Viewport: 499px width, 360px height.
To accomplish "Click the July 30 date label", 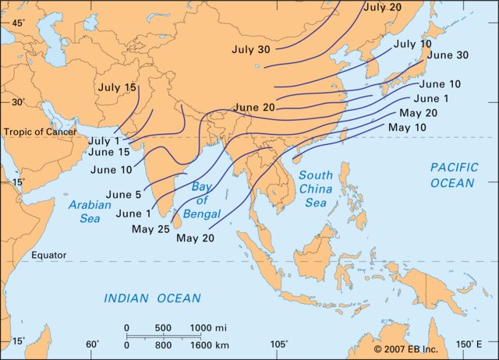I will click(251, 49).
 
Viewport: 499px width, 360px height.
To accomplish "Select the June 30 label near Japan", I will click(448, 55).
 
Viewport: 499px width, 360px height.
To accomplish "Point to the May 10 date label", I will click(407, 127).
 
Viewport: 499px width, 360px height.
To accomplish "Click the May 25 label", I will click(150, 229).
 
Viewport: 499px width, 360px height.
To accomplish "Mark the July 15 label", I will click(117, 87).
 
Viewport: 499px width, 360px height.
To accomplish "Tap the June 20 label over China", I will click(253, 108).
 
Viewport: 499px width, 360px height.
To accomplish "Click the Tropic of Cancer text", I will click(40, 132).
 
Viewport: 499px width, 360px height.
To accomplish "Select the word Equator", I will click(49, 256).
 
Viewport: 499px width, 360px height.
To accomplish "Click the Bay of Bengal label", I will click(207, 200).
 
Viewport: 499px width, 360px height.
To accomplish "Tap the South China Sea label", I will click(316, 189).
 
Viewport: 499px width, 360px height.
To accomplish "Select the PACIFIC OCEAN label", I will click(451, 175).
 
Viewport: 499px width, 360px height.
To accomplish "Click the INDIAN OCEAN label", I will click(153, 298).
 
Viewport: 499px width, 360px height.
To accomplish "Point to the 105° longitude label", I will click(278, 344).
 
